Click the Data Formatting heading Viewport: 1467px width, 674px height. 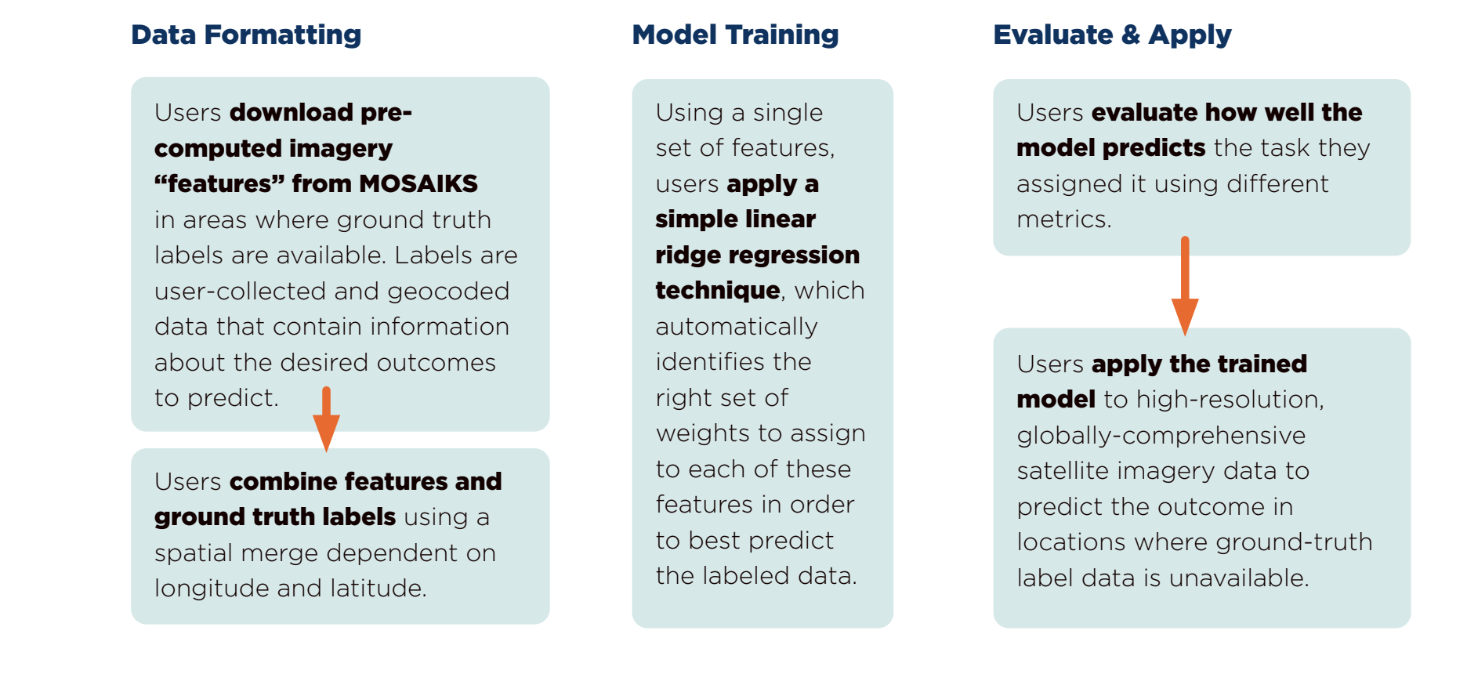click(x=246, y=35)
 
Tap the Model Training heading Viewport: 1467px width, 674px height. click(x=735, y=35)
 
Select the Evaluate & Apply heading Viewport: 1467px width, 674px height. click(x=1112, y=35)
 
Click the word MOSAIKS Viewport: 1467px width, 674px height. click(x=418, y=183)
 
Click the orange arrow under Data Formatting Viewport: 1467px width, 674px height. click(x=326, y=419)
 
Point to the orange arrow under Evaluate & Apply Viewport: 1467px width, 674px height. click(x=1185, y=286)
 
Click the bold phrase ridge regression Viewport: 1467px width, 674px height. click(x=758, y=255)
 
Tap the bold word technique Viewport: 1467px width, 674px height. click(x=718, y=291)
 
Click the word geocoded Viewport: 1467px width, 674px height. click(x=448, y=292)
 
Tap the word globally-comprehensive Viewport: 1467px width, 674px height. click(x=1161, y=436)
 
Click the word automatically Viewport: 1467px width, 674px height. click(x=737, y=327)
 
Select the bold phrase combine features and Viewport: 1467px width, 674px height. click(x=365, y=481)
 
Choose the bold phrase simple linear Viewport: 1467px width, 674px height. click(x=736, y=219)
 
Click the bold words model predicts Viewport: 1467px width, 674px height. click(x=1111, y=148)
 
